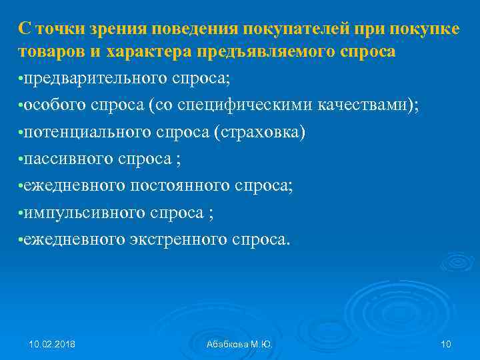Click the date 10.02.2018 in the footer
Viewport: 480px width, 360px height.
pos(52,344)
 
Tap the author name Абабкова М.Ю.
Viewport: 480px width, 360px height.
pos(240,344)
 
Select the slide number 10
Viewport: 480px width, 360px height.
pos(446,344)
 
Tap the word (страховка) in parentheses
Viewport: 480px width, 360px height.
pos(260,132)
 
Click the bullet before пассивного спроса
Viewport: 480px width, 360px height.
pos(21,159)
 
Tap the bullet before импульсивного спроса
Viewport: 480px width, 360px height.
pos(21,213)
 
